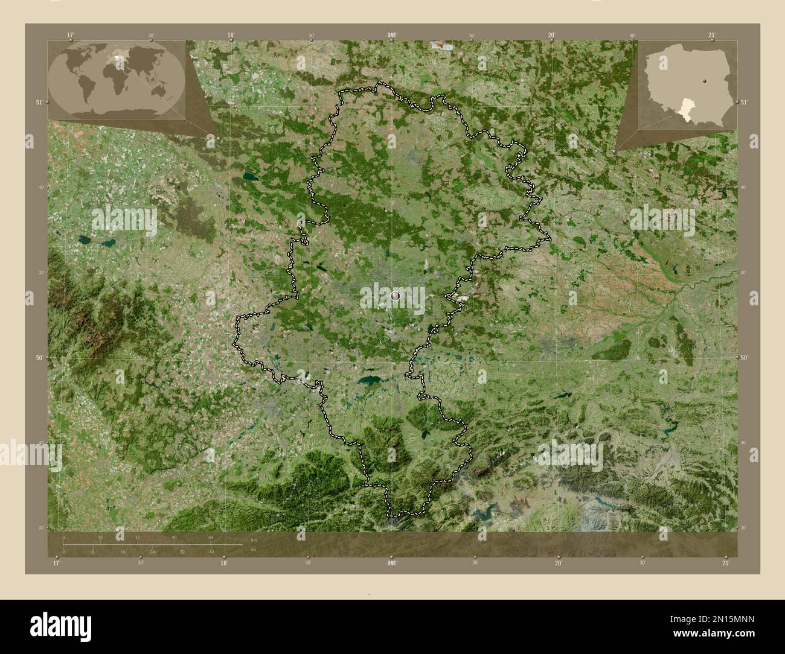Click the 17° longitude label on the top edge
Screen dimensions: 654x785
[71, 35]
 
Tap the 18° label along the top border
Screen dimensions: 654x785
[231, 35]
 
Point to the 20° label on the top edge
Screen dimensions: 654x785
[551, 35]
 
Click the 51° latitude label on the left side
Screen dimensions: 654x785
[39, 103]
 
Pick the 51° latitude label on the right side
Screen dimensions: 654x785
[745, 103]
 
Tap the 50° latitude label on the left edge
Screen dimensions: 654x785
[39, 358]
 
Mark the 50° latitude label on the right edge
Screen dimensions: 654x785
[745, 358]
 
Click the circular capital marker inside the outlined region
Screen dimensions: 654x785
[396, 296]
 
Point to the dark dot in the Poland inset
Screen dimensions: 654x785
[705, 80]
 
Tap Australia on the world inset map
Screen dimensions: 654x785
[158, 90]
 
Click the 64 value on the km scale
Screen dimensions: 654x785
[211, 537]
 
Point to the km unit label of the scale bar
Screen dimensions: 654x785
[253, 540]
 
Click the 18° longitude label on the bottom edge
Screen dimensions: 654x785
[223, 563]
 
